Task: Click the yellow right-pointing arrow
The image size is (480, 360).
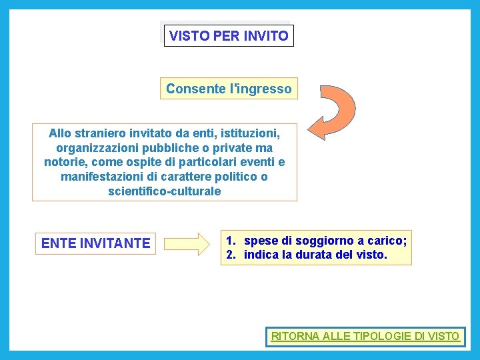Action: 187,243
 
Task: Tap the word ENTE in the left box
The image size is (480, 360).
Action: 59,243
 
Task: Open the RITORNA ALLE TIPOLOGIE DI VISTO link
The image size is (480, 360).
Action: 365,336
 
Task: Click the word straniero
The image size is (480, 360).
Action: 106,133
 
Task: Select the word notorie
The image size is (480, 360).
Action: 65,162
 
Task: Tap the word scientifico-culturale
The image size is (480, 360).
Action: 164,191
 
